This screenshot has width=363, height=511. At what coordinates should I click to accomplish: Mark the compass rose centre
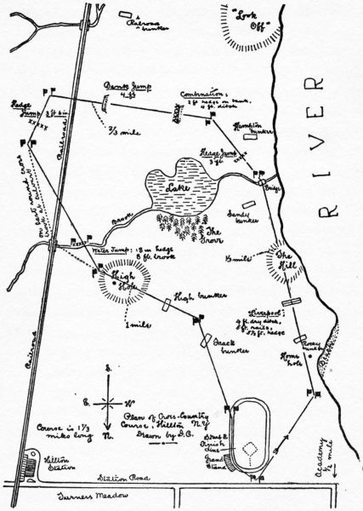click(x=107, y=399)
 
